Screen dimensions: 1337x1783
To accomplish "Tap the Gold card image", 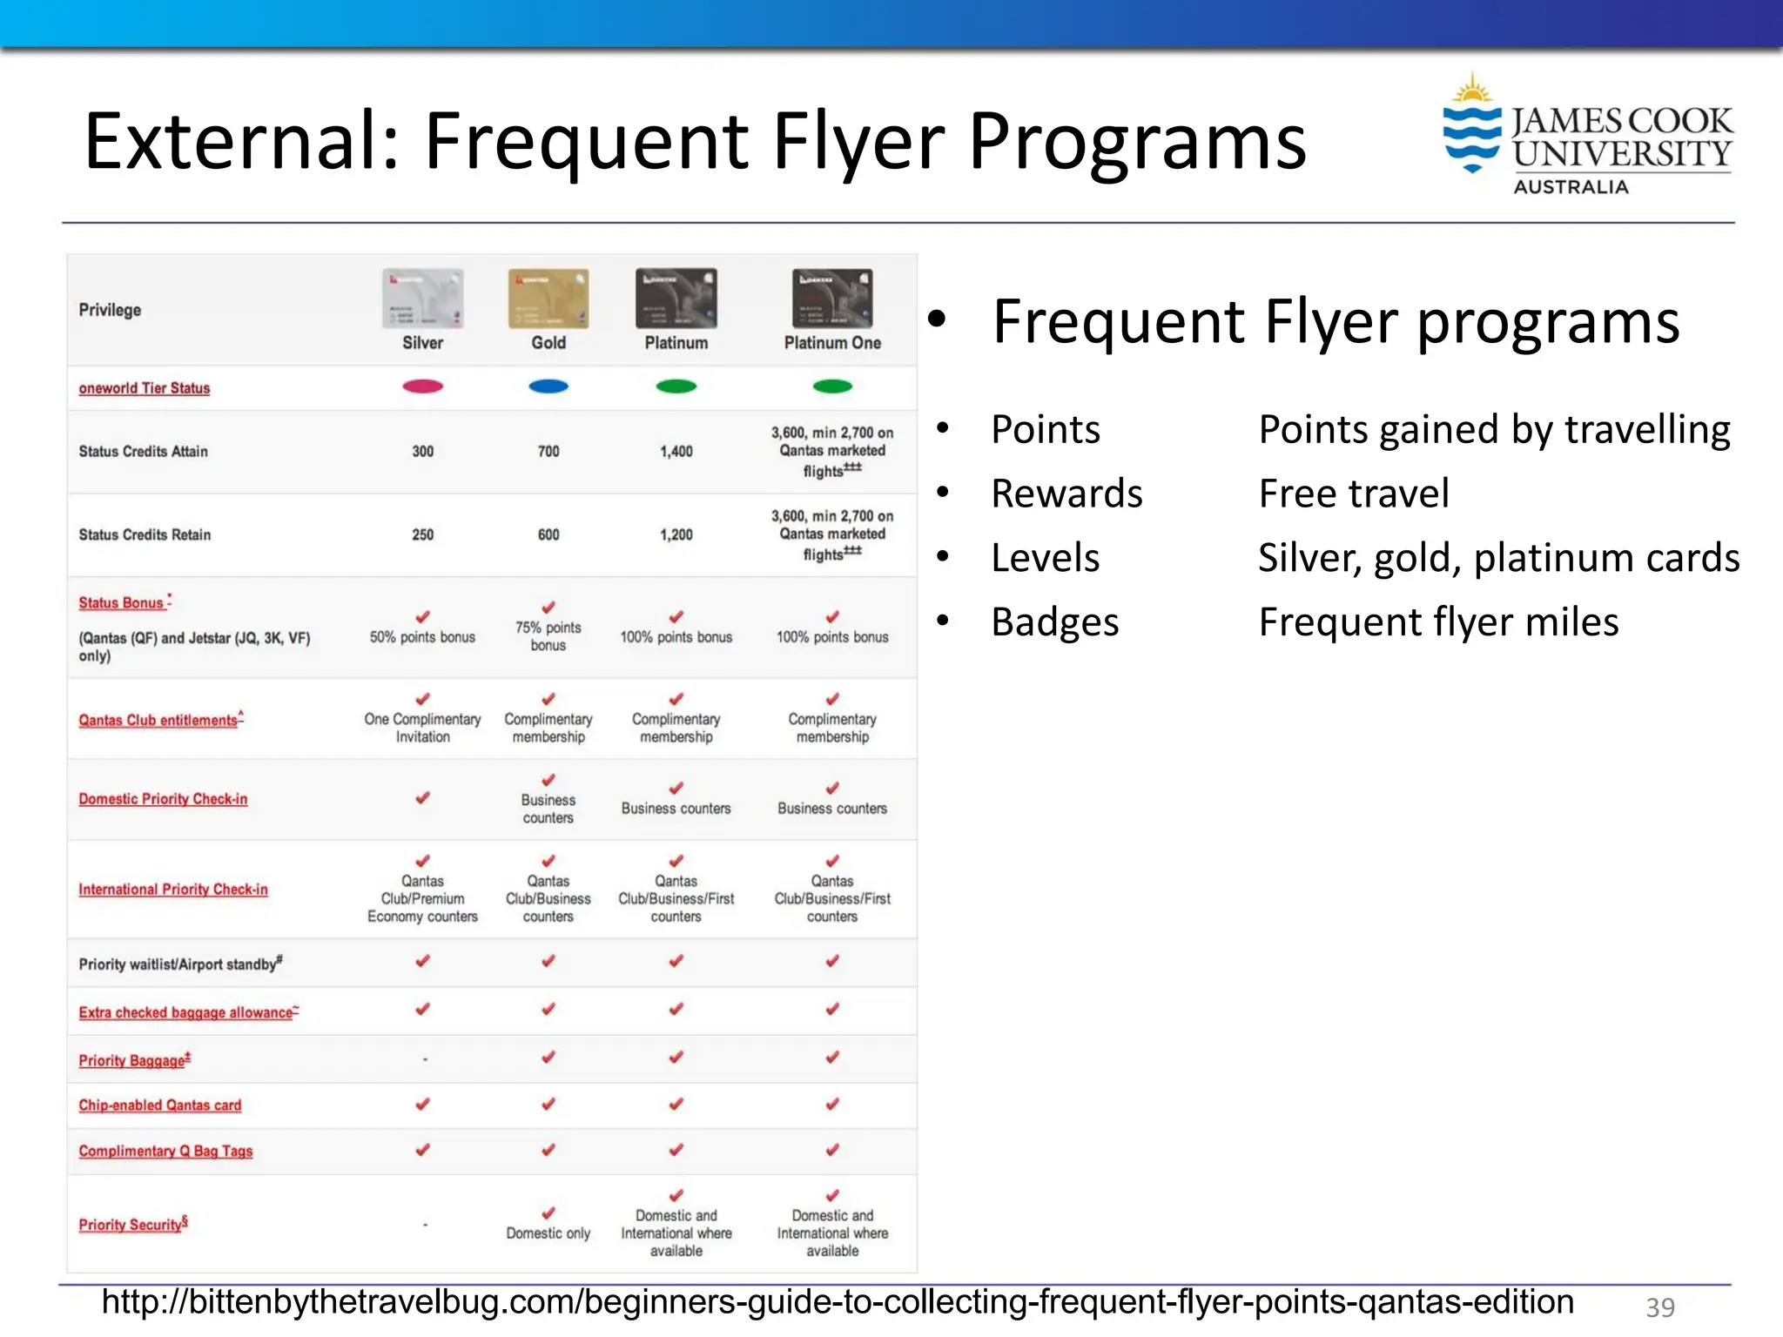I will click(x=548, y=299).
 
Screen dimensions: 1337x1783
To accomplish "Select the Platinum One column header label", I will click(x=832, y=343).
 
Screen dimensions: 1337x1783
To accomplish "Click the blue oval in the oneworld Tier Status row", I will click(x=548, y=386).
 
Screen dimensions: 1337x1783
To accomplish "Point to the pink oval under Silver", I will click(x=422, y=386).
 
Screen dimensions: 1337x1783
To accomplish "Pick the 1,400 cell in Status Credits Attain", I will click(x=676, y=451).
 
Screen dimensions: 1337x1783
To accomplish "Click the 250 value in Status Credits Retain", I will click(x=422, y=534).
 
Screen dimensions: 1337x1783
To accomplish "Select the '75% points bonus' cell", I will click(x=548, y=635).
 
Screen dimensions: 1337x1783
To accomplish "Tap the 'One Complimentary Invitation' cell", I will click(x=422, y=728).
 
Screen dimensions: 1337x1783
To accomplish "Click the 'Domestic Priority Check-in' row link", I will click(x=163, y=799).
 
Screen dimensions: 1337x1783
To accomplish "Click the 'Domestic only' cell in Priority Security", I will click(x=548, y=1233).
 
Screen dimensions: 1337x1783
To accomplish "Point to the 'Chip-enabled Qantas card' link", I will click(x=160, y=1105).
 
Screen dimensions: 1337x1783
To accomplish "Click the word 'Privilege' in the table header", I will click(x=110, y=310).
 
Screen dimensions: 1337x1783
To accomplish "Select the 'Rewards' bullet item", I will click(x=1066, y=494).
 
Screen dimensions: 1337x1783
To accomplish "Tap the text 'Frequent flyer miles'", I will click(x=1438, y=621).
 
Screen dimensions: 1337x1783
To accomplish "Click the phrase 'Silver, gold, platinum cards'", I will click(x=1497, y=557).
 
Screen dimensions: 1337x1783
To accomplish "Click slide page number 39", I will click(x=1659, y=1307).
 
